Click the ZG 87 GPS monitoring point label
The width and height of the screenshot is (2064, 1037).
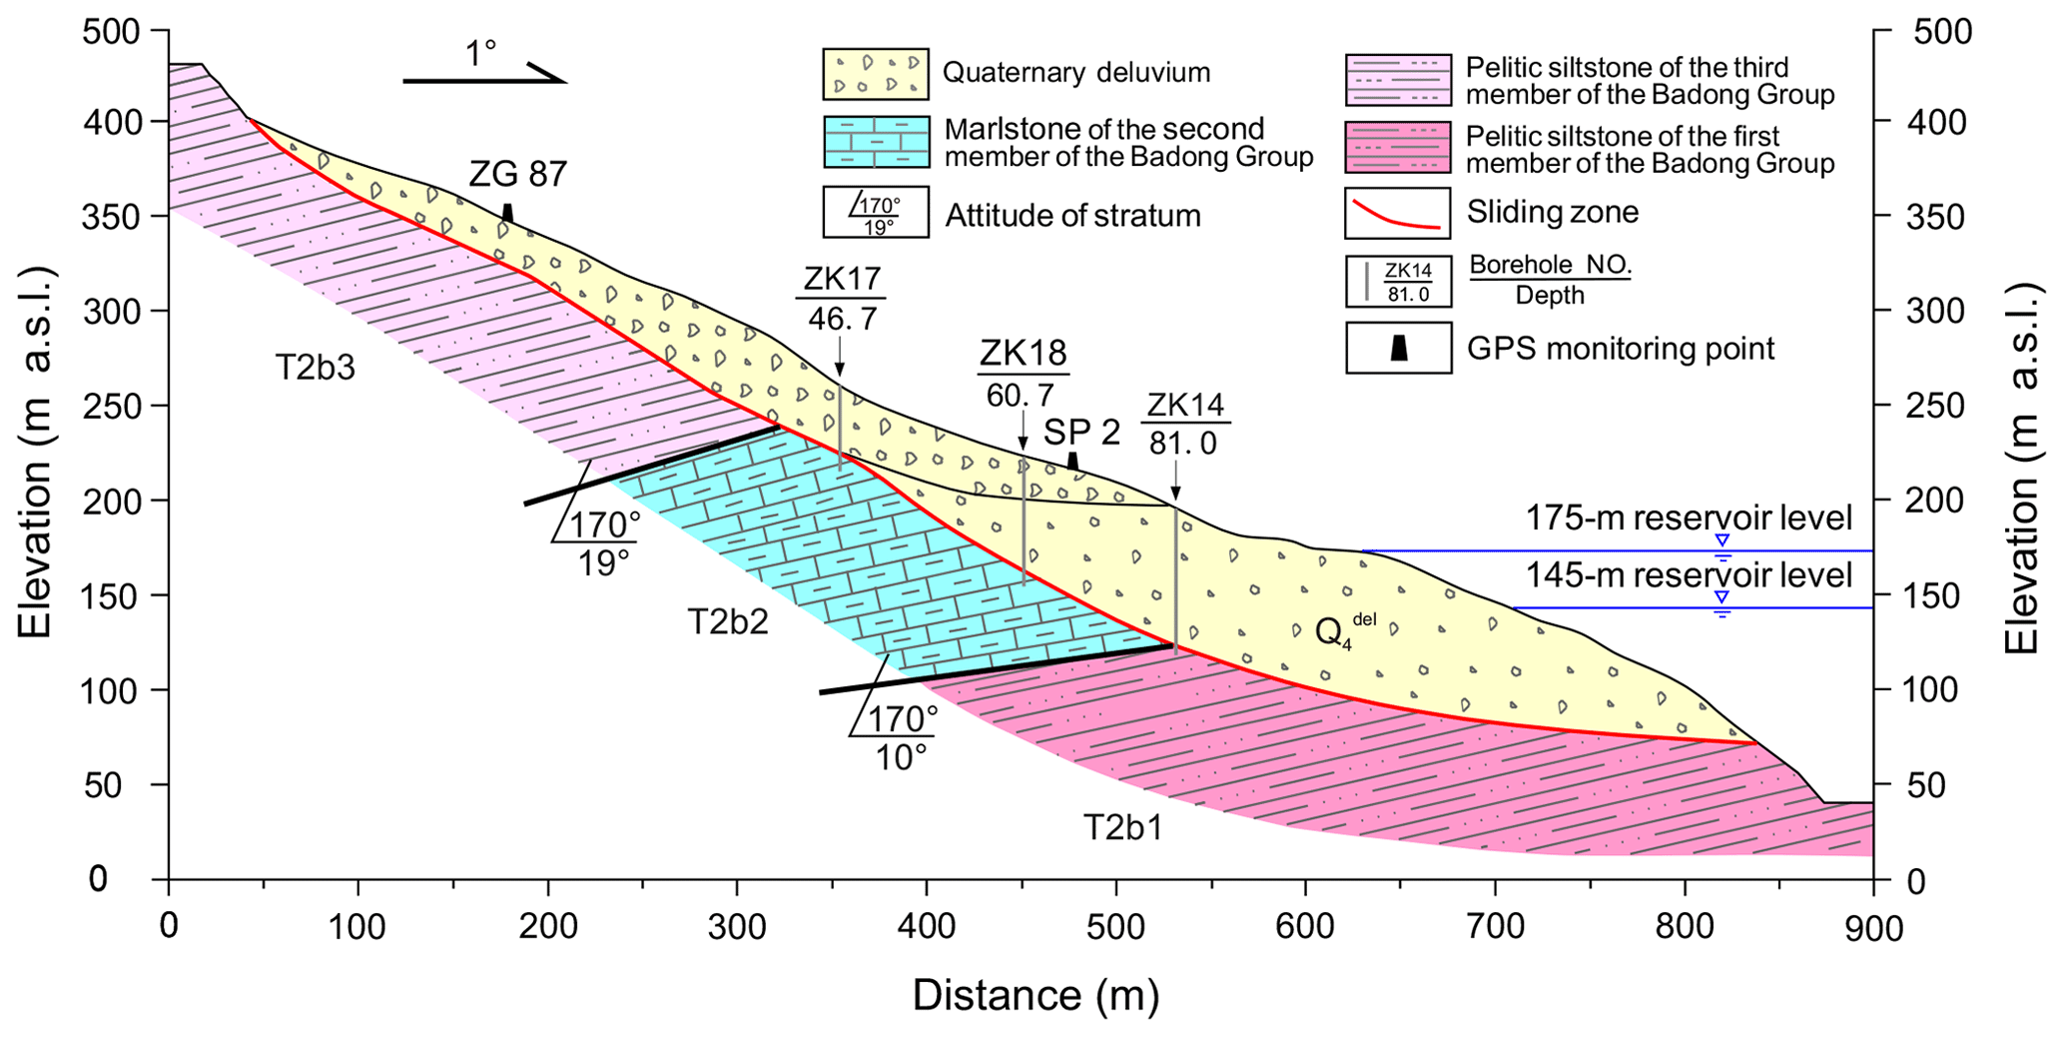pos(517,175)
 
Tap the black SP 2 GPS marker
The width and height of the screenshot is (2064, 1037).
pos(1072,461)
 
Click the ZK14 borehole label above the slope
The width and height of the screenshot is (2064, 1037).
pos(1185,406)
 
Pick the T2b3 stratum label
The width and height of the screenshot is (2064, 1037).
pos(316,369)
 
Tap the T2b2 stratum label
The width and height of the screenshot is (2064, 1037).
pos(728,622)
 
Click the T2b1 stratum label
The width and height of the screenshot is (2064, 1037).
pos(1123,828)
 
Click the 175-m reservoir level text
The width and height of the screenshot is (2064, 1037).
pos(1688,518)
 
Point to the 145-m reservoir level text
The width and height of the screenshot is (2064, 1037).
pos(1688,576)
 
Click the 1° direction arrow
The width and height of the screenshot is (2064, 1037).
pos(484,75)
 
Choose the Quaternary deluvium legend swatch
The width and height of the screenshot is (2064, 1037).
pos(876,74)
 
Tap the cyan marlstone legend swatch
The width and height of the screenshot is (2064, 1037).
pos(876,143)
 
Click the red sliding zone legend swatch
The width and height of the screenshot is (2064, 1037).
pos(1397,213)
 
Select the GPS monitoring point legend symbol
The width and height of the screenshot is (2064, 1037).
pos(1399,348)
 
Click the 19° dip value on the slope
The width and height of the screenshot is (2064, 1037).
pos(604,563)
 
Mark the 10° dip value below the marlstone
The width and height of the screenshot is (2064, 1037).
pos(902,758)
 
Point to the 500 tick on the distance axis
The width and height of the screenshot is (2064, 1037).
pos(1115,926)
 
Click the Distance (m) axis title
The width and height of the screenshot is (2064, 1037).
pos(1035,996)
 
